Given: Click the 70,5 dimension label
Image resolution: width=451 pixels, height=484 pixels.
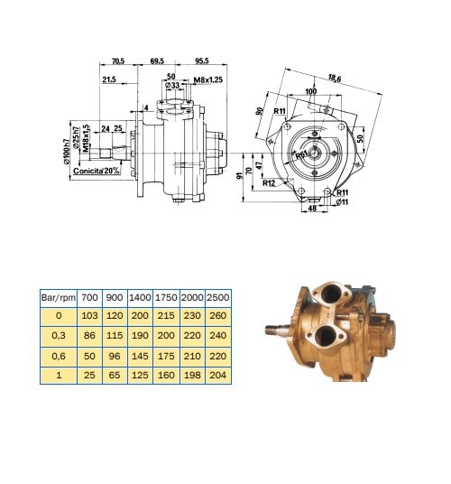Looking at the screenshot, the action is pyautogui.click(x=118, y=61).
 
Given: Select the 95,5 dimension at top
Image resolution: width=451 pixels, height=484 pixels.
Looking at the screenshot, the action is pyautogui.click(x=202, y=60).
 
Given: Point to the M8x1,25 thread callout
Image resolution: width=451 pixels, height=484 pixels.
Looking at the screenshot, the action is pyautogui.click(x=208, y=80).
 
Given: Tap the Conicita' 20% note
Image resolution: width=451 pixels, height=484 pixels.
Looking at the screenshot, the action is pyautogui.click(x=97, y=171).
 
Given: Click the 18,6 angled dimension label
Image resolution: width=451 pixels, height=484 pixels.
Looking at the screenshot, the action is pyautogui.click(x=334, y=78).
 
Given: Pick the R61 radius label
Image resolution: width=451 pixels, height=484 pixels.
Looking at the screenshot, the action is pyautogui.click(x=301, y=154).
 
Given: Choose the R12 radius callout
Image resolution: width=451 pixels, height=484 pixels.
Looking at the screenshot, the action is pyautogui.click(x=269, y=183).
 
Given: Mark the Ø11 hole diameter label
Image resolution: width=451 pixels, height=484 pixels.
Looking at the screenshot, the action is pyautogui.click(x=342, y=202).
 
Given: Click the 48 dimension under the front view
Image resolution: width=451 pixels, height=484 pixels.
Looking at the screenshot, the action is pyautogui.click(x=312, y=209).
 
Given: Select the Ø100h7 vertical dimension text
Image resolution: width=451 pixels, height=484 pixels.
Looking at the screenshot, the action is pyautogui.click(x=67, y=152).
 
